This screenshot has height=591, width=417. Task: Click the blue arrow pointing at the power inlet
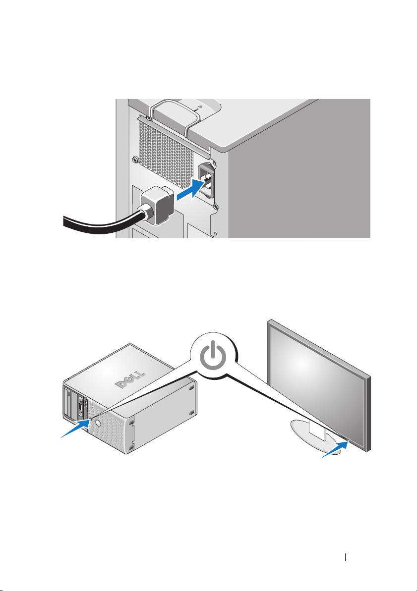[x=190, y=191]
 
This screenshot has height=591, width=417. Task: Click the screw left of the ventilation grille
[x=134, y=160]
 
